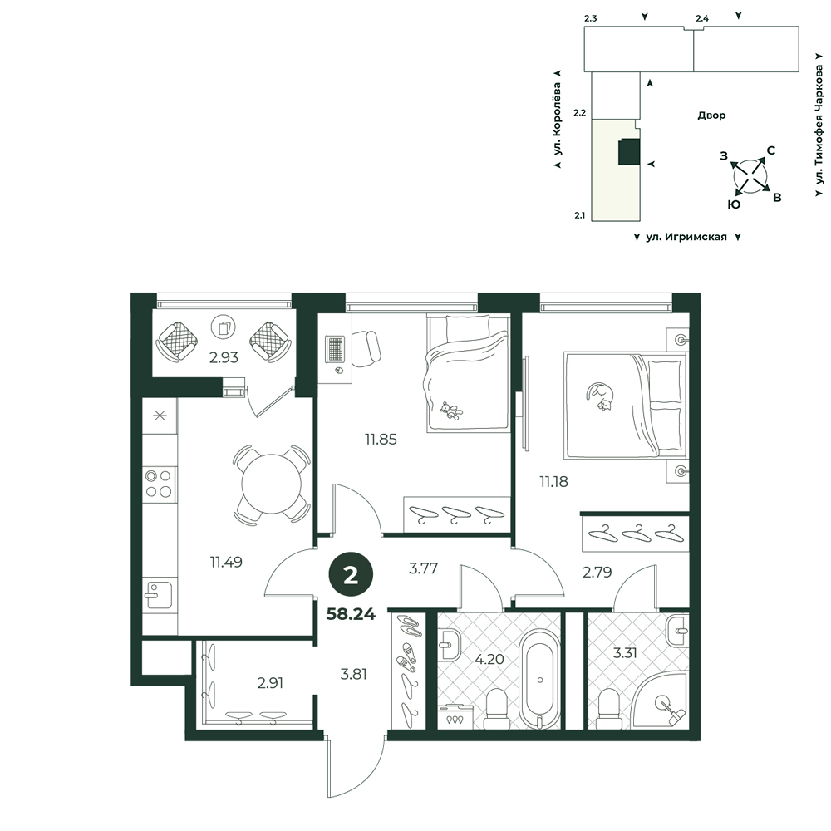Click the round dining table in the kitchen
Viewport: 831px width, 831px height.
pos(272,484)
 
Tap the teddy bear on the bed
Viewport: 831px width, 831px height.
pos(450,411)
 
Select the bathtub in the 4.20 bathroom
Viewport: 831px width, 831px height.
pos(540,679)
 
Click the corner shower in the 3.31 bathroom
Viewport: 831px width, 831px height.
pos(661,700)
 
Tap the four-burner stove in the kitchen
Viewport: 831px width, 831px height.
pos(159,484)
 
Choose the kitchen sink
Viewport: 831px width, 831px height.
pos(159,595)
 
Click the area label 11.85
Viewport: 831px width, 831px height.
pos(381,440)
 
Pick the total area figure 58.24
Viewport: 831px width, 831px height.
pos(351,614)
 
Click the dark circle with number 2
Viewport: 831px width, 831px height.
pos(351,576)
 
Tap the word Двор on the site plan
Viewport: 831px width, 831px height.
pos(711,116)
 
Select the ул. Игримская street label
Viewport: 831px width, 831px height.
pos(686,237)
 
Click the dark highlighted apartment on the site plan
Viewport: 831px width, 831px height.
pos(629,152)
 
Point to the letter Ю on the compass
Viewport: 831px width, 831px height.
pos(734,204)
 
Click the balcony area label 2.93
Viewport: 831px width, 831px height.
pos(224,357)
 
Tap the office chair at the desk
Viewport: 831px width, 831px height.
pos(365,348)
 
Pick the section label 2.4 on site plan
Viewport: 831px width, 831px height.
pos(702,18)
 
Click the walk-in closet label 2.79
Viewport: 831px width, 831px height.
pos(597,573)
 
